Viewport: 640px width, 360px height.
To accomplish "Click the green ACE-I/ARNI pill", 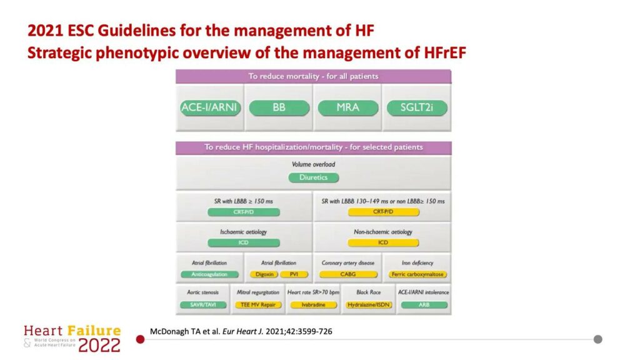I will coord(209,107).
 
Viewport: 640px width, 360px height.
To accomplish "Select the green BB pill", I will coord(279,107).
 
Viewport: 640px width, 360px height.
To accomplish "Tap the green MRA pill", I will coord(347,107).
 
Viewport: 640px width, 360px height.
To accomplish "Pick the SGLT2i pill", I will coord(416,107).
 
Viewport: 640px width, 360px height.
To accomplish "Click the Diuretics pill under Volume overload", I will coord(313,177).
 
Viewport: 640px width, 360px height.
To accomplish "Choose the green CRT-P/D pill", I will coord(244,212).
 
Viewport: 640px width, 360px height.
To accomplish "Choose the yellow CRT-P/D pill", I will coord(383,212).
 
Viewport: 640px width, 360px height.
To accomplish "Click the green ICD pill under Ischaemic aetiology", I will coord(244,242).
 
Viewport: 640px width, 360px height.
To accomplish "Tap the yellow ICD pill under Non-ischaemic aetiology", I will coord(383,242).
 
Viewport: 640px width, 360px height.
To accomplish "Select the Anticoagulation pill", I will coord(209,274).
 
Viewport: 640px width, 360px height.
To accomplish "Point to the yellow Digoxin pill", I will coord(262,274).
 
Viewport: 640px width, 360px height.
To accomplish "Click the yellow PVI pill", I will coord(294,274).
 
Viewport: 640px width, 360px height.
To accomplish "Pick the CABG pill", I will coord(347,274).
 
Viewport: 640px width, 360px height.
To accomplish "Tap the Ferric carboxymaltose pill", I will coord(417,274).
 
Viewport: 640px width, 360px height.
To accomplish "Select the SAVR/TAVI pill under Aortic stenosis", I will coord(202,304).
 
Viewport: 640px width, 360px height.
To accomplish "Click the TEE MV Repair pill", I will coord(257,304).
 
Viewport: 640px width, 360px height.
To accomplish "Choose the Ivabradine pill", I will coord(311,304).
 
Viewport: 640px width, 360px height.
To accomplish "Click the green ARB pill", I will coord(424,304).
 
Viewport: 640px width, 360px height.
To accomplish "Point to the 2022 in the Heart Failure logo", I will coord(99,345).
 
